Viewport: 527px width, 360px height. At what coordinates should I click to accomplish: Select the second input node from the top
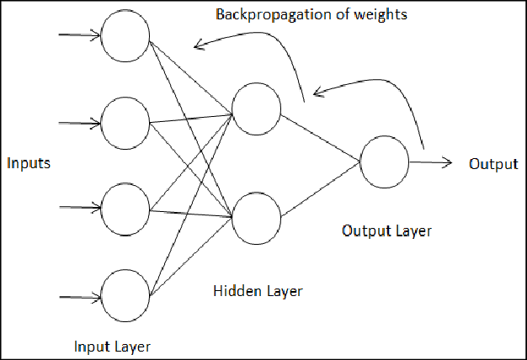tap(125, 122)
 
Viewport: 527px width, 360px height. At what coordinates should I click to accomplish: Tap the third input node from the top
tap(125, 207)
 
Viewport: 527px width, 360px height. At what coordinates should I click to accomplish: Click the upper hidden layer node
tap(258, 109)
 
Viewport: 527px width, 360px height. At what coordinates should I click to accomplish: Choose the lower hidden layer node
tap(257, 217)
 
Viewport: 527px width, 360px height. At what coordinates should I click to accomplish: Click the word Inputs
tap(28, 163)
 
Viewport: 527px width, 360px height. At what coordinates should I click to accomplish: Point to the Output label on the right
tap(493, 163)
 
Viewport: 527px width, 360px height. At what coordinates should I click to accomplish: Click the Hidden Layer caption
tap(258, 292)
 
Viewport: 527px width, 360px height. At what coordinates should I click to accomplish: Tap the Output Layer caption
tap(386, 230)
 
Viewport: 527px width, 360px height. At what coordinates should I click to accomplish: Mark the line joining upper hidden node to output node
tap(321, 135)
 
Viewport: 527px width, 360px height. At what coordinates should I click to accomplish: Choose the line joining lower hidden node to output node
tap(321, 188)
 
